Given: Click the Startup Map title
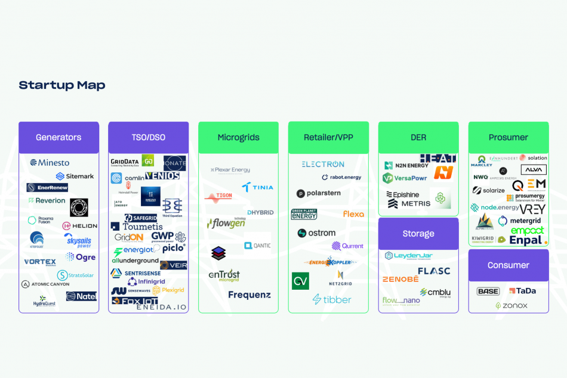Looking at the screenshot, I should pos(62,85).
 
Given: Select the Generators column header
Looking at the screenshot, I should pos(58,137).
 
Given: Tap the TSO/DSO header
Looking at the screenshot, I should pos(149,137).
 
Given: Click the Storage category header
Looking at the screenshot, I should pos(418,233).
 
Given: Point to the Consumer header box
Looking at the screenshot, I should pos(509,265).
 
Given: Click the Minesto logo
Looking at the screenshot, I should pos(50,162).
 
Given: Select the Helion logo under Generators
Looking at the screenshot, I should pos(80,226).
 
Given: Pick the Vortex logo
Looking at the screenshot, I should pos(40,262).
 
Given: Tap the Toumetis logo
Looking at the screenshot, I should pos(137,227).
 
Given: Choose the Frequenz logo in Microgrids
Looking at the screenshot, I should pos(249,295).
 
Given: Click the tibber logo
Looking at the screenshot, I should pos(332,299).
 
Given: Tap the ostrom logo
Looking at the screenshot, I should pos(317,233).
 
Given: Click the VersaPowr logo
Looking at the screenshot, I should pos(405,178).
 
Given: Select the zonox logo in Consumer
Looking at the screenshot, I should pos(511,305).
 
